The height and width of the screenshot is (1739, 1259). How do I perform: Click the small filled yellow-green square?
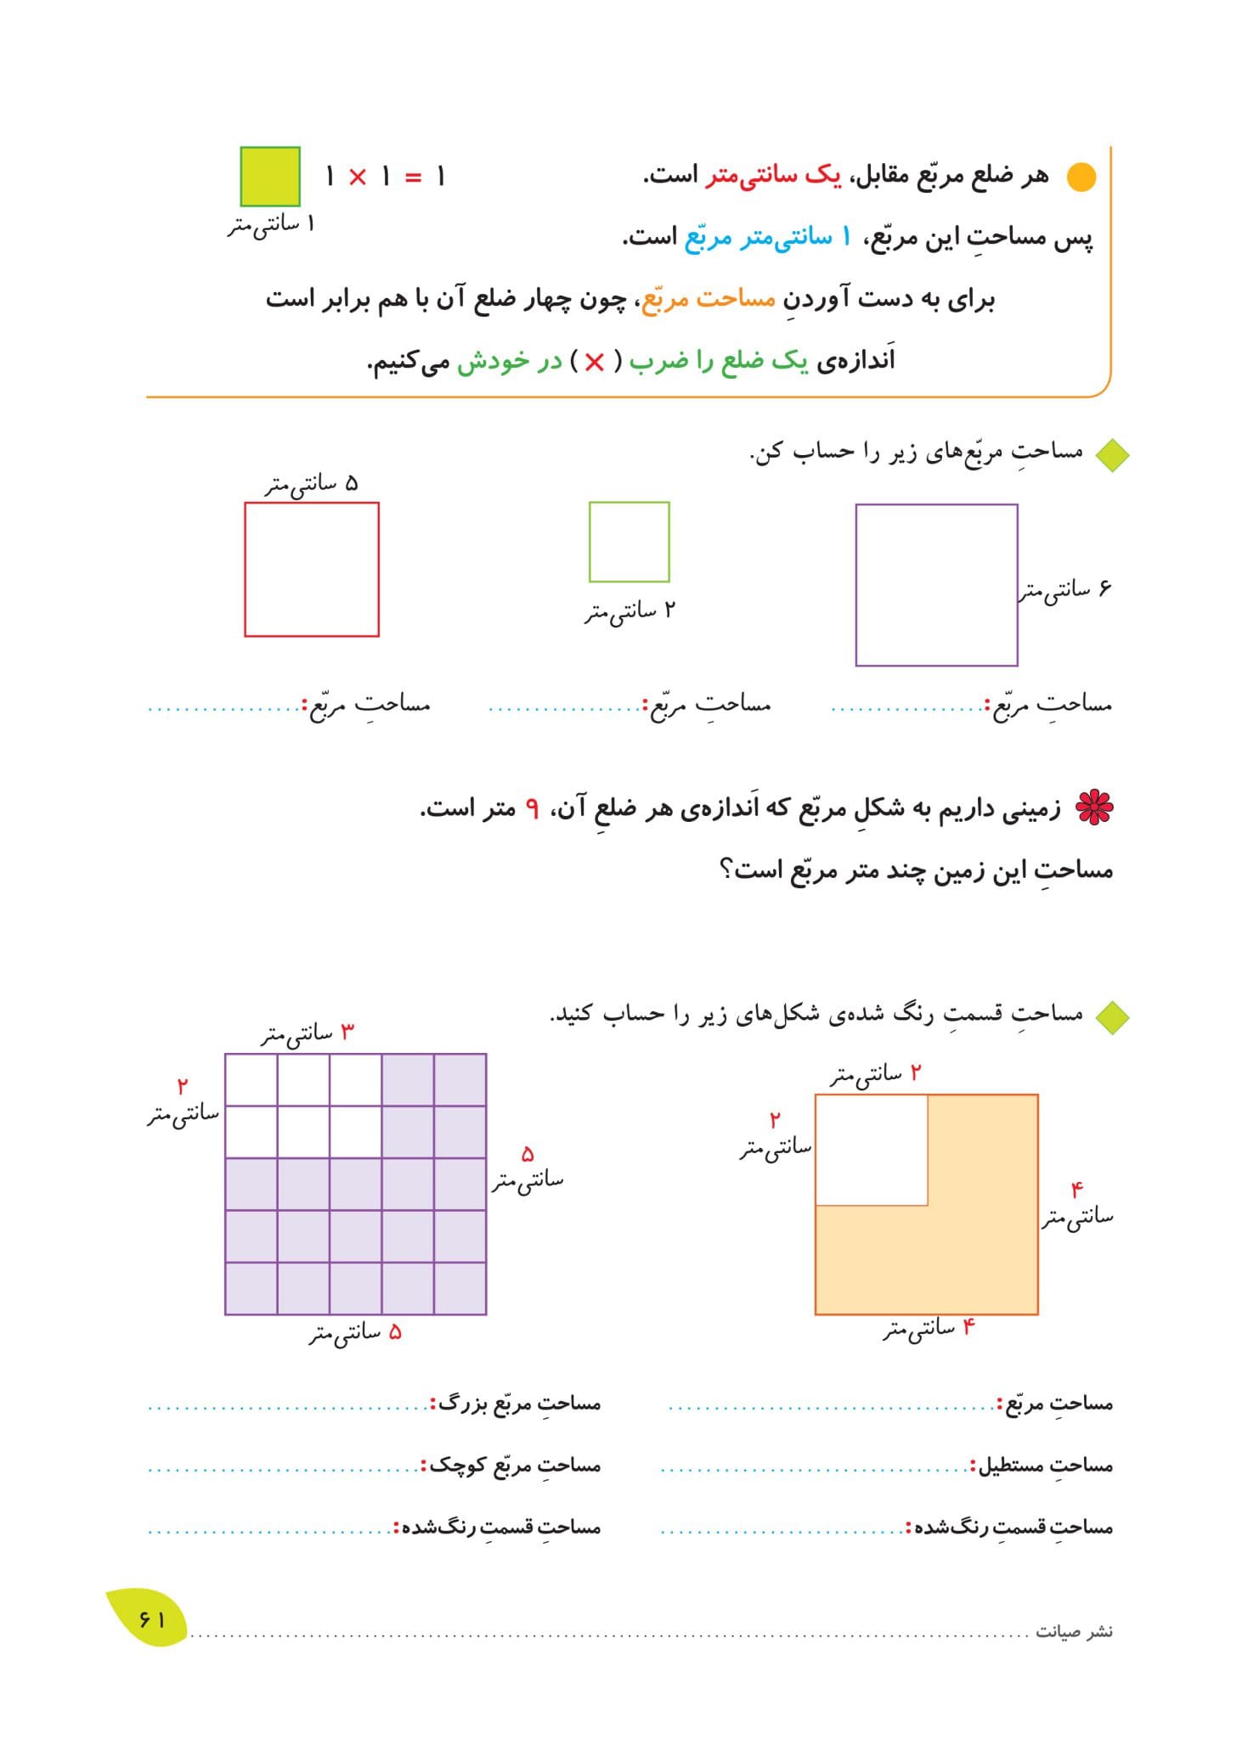(x=270, y=177)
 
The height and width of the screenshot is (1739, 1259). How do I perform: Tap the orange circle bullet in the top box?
(x=1081, y=177)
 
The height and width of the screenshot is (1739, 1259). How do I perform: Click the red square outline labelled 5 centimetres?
(x=312, y=569)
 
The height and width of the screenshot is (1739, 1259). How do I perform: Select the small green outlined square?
(x=629, y=542)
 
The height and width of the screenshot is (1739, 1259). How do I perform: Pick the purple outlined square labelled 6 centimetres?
(x=936, y=585)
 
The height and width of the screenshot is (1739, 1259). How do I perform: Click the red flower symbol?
(x=1094, y=808)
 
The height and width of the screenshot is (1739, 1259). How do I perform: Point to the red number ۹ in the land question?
(x=532, y=808)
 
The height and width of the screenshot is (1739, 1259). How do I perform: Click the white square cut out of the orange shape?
(x=871, y=1150)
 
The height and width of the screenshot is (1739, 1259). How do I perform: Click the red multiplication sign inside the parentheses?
(x=594, y=363)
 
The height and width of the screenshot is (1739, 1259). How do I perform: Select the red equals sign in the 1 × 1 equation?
(x=413, y=177)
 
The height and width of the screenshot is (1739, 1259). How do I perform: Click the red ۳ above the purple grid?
(x=347, y=1032)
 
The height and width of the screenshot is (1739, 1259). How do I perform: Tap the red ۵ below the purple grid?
(x=394, y=1332)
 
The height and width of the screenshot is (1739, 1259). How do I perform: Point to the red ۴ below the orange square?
(x=968, y=1326)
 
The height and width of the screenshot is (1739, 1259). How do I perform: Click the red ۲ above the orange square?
(x=915, y=1073)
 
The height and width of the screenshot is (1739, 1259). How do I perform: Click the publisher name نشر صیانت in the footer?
(x=1074, y=1632)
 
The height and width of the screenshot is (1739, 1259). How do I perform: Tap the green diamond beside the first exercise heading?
(x=1111, y=455)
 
